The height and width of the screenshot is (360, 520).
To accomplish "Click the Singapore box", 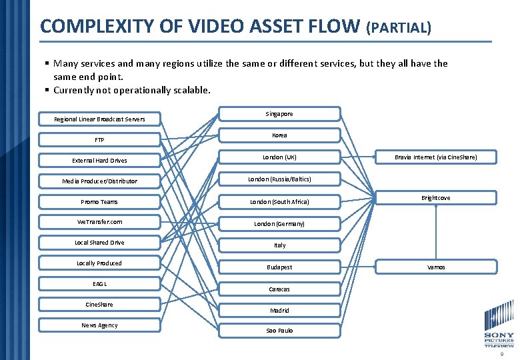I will tap(279, 114).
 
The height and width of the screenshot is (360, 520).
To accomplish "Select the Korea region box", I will tap(279, 135).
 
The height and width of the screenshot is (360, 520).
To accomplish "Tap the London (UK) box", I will tap(279, 157).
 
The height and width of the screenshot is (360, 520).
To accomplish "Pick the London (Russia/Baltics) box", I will tap(279, 179).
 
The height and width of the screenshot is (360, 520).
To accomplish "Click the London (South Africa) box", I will tap(279, 201).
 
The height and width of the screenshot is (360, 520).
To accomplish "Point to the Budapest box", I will tap(279, 267).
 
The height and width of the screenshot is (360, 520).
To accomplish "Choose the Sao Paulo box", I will tap(279, 331).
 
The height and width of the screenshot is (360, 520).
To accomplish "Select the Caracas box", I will tap(279, 289).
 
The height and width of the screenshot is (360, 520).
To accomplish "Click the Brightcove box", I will tap(436, 198).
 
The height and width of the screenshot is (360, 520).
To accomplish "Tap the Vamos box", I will tap(436, 267).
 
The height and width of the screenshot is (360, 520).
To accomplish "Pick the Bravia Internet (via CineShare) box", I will tap(436, 157).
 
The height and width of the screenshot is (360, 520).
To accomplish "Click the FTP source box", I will tap(99, 140).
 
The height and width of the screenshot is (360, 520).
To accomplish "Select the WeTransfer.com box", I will tap(99, 222).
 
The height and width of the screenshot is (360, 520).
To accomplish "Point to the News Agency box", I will tap(99, 325).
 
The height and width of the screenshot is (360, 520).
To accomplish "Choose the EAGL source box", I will tap(99, 284).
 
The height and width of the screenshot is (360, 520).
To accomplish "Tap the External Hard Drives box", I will tap(99, 161).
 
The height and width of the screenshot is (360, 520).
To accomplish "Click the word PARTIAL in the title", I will tap(399, 28).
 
